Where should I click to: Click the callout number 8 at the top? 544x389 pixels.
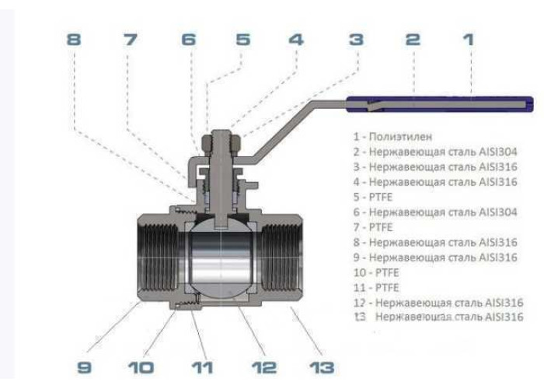74,39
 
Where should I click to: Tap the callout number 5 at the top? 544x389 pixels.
242,39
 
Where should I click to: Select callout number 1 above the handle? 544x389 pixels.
469,39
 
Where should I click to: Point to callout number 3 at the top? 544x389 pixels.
356,39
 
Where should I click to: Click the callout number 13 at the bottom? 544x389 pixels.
322,367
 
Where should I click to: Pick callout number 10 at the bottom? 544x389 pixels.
141,367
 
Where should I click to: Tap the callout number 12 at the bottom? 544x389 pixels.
263,367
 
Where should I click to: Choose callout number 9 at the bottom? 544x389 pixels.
84,367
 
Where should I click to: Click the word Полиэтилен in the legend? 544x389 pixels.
400,136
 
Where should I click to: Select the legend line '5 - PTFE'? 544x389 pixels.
373,197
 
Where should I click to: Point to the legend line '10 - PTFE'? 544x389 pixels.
376,272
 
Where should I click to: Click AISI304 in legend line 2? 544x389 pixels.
498,152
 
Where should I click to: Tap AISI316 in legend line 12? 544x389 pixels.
504,303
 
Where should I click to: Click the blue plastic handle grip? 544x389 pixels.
440,104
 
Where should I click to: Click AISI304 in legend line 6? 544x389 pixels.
498,212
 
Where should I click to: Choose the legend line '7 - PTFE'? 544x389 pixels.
373,227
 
